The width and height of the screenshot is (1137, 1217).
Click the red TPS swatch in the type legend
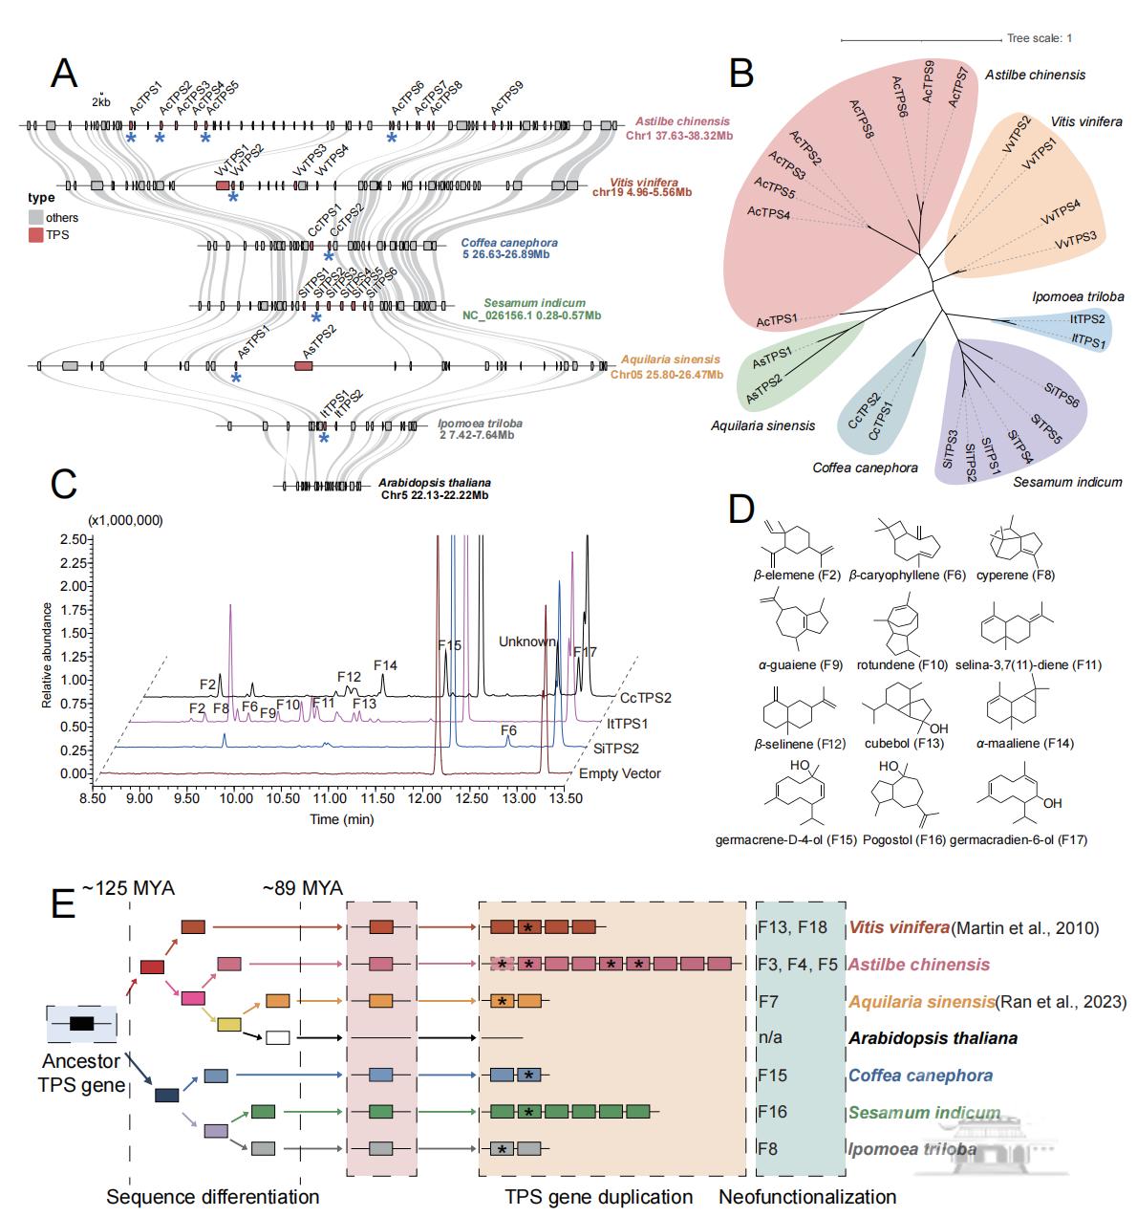(35, 234)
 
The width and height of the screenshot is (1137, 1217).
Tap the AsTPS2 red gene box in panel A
(304, 366)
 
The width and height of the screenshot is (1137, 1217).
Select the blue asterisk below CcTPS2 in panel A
(329, 257)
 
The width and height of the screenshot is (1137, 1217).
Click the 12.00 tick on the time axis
(422, 796)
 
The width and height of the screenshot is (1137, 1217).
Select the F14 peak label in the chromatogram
(385, 665)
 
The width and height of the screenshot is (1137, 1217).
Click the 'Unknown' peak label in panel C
(526, 642)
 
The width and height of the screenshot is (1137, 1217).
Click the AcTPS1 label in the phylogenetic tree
(778, 319)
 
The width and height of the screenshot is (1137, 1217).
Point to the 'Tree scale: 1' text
(1040, 38)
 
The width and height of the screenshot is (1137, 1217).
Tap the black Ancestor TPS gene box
(81, 1024)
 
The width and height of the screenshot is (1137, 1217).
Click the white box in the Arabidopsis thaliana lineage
(278, 1037)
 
